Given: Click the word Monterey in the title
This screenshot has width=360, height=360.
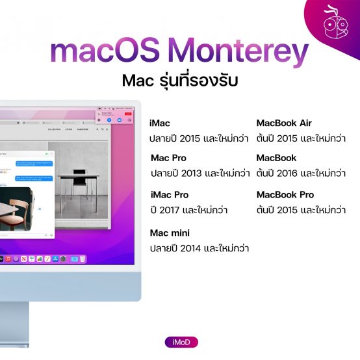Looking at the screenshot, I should (244, 54).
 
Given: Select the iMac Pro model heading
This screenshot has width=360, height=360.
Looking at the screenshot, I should (169, 195).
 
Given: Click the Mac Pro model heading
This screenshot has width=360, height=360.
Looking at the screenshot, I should (168, 158).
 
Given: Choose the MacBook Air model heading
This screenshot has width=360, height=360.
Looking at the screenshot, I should (284, 123).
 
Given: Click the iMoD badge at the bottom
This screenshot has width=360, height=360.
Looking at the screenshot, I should (181, 342).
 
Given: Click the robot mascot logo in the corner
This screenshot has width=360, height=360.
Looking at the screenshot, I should (337, 23).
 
